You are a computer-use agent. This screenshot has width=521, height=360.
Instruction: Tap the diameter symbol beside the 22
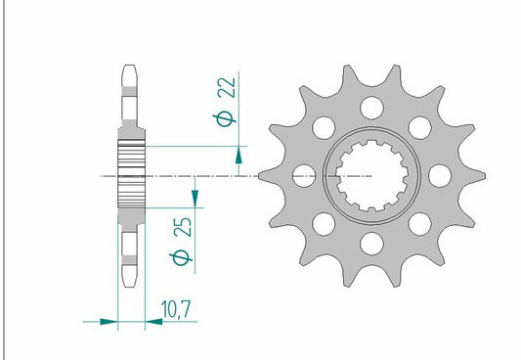click(227, 119)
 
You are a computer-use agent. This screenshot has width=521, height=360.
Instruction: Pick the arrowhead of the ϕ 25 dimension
click(196, 198)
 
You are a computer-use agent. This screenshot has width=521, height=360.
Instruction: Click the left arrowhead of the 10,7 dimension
click(109, 319)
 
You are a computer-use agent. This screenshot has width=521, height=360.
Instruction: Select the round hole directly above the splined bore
click(370, 108)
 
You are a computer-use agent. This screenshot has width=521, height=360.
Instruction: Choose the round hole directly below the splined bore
click(370, 244)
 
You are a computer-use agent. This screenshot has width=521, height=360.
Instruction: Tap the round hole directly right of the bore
click(438, 175)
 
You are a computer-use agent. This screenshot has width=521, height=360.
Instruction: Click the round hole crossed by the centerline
click(303, 176)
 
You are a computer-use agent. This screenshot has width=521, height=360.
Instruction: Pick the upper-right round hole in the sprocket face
click(419, 127)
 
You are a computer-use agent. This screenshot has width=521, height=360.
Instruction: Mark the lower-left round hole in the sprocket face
click(322, 224)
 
